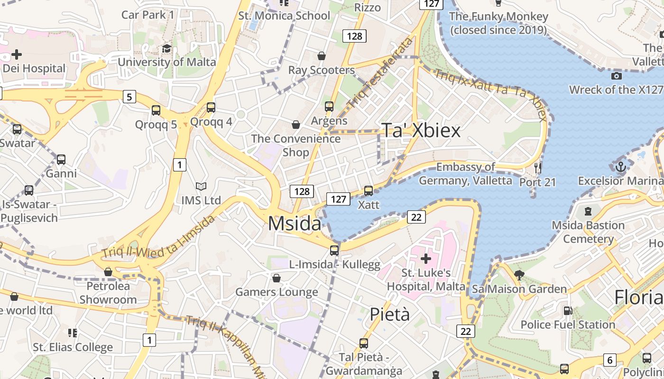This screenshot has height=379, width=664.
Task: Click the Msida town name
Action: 294,223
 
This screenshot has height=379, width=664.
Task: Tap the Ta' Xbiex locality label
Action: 421,130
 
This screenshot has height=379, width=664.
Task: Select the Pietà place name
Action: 389,314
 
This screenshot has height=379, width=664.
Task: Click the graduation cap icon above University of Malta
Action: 166,49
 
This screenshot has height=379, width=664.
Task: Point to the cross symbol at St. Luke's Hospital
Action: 425,259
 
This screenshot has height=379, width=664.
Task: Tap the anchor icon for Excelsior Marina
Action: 620,167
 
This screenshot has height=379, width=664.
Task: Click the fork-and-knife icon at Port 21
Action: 537,168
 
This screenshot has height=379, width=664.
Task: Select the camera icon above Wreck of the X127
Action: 616,76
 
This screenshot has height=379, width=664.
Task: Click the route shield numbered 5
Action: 129,97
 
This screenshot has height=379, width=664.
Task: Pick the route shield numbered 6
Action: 610,360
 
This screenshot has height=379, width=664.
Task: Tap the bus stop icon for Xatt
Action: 368,191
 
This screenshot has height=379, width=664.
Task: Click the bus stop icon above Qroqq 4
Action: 211,108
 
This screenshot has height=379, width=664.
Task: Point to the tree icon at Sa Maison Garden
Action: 519,275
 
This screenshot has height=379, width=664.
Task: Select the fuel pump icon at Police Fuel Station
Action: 567,311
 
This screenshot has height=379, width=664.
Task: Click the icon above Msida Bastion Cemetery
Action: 588,211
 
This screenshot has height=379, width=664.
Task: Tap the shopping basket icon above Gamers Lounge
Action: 277,278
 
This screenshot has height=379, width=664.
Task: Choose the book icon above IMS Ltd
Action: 201,187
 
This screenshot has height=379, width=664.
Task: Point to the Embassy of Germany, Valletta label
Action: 465,174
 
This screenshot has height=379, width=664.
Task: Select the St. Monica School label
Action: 284,16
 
